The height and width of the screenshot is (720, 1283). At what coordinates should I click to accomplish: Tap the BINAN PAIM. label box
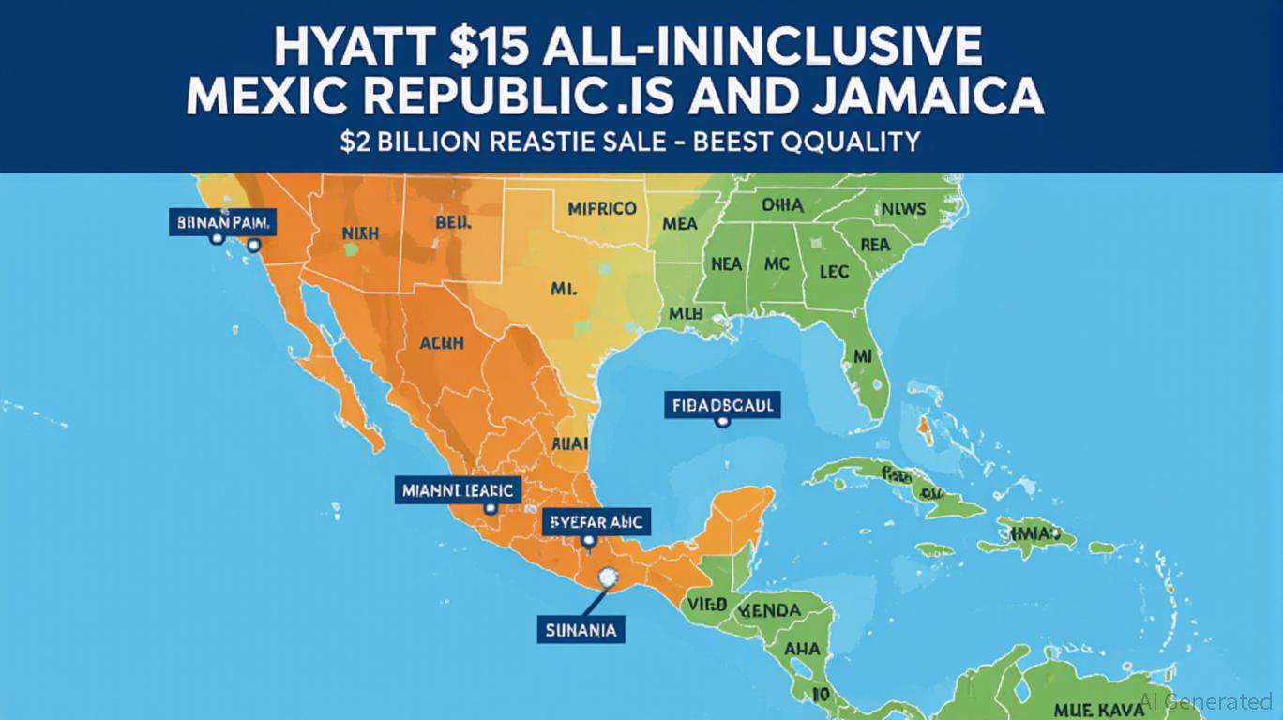click(x=223, y=223)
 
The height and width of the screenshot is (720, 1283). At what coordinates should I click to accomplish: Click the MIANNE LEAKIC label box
click(x=458, y=488)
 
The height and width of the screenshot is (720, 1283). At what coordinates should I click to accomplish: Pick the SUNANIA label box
click(x=581, y=629)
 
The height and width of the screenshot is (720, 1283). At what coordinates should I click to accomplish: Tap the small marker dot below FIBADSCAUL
click(x=721, y=422)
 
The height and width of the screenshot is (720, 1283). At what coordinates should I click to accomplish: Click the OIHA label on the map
click(x=782, y=204)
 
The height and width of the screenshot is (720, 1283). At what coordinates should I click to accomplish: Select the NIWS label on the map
click(x=904, y=208)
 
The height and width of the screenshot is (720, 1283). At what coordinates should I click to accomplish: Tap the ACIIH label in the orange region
click(x=440, y=344)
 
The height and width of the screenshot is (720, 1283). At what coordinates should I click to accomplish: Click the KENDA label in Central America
click(x=771, y=611)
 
